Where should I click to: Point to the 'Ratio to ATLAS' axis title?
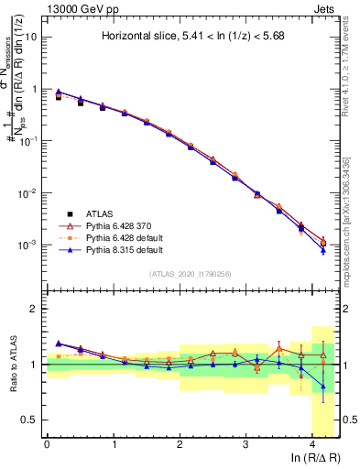tap(13, 365)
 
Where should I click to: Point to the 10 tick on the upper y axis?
tap(32, 38)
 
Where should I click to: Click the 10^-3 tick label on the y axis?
tap(29, 245)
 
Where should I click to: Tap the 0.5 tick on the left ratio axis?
tap(30, 420)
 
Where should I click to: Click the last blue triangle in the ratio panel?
tap(322, 387)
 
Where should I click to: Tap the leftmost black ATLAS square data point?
tap(60, 96)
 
